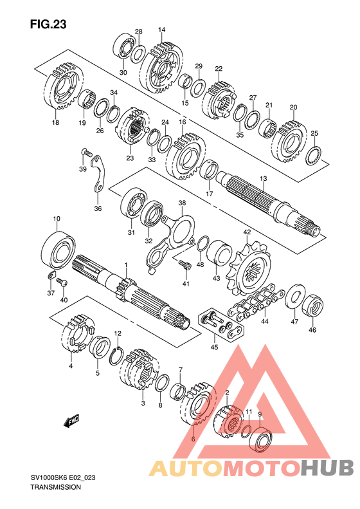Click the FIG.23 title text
[48, 24]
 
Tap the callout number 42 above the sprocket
[247, 232]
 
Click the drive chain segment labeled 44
[256, 302]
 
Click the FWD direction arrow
[71, 420]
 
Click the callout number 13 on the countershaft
[263, 178]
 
